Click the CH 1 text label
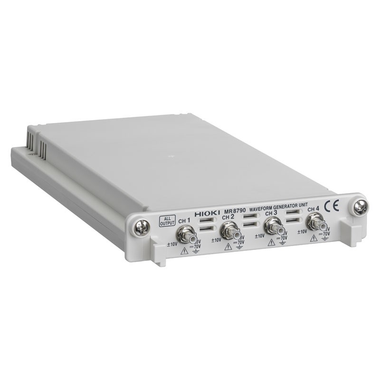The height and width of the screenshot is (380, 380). [184, 220]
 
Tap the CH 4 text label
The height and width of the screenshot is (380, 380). [313, 209]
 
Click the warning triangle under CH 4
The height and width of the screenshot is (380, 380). [314, 238]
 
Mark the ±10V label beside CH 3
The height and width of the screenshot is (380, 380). [260, 236]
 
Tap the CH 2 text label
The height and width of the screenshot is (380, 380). [228, 217]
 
